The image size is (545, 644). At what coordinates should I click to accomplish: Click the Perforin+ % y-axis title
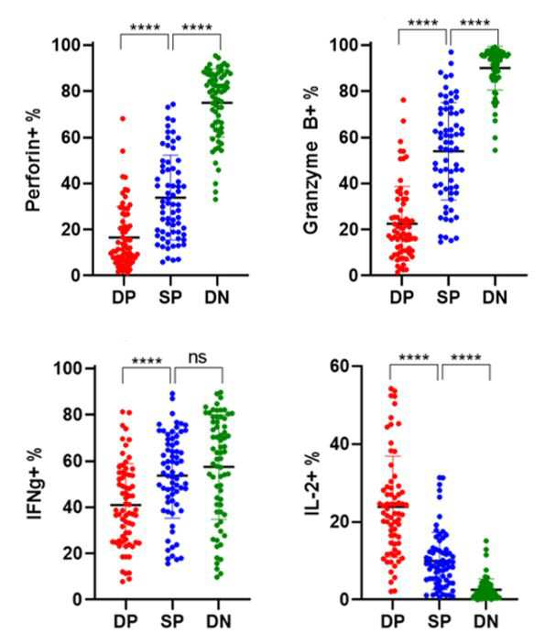click(34, 159)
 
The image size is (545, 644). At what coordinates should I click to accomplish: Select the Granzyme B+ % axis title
click(311, 159)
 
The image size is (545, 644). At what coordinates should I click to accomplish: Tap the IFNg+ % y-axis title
click(35, 484)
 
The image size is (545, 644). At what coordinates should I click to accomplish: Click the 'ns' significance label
click(198, 357)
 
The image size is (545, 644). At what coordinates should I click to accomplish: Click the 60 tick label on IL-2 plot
click(342, 366)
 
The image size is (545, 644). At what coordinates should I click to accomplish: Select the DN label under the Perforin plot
click(217, 297)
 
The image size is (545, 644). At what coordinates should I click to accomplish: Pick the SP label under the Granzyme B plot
click(448, 297)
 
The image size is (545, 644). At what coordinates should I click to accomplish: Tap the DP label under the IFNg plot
click(125, 621)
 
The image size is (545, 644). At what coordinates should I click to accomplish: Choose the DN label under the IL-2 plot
click(485, 621)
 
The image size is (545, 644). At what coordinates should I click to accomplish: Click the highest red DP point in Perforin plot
click(123, 119)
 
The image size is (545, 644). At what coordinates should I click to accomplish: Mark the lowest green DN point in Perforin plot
click(215, 200)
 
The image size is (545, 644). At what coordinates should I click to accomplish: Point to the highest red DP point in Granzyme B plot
click(403, 100)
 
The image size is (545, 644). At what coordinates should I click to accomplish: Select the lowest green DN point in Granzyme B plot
click(496, 150)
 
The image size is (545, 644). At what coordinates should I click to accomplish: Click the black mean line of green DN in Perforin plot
click(217, 103)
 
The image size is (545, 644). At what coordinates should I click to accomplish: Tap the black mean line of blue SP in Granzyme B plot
click(448, 151)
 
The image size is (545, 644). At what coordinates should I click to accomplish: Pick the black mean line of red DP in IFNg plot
click(125, 505)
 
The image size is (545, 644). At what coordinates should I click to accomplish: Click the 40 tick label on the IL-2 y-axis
click(342, 444)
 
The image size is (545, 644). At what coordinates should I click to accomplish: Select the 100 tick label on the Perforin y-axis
click(67, 45)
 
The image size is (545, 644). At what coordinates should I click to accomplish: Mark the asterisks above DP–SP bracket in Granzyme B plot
click(422, 23)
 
